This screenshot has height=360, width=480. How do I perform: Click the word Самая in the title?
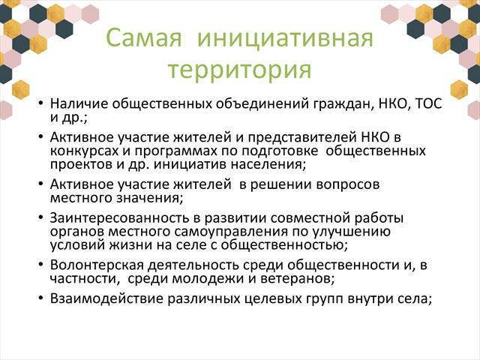tap(144, 38)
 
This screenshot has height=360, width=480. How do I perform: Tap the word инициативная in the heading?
tap(285, 38)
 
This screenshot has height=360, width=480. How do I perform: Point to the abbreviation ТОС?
tap(428, 103)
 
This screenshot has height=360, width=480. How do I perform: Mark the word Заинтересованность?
tap(119, 218)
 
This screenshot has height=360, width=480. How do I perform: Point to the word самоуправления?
tap(231, 232)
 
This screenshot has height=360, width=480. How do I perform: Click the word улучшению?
tap(352, 232)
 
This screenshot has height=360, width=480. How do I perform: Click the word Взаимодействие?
tap(106, 298)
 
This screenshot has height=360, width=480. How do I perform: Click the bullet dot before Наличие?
tap(40, 103)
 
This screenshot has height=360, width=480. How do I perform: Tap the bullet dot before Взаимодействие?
tap(40, 298)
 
